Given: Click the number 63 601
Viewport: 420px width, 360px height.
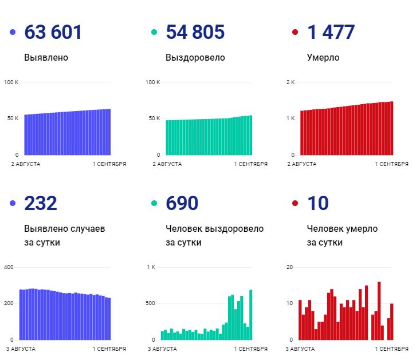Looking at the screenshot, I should pyautogui.click(x=53, y=33).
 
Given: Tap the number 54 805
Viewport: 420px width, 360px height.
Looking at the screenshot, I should pyautogui.click(x=195, y=33).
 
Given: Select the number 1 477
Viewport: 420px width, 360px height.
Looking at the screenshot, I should pyautogui.click(x=331, y=33).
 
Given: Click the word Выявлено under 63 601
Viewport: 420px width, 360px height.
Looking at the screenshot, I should pyautogui.click(x=46, y=58).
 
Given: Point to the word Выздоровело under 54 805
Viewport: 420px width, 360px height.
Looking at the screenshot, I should pyautogui.click(x=195, y=58).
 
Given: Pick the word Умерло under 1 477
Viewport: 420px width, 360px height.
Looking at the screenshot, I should pyautogui.click(x=323, y=58).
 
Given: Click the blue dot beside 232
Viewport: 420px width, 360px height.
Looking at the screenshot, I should pyautogui.click(x=13, y=203).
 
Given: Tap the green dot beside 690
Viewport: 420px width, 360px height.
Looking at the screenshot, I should pyautogui.click(x=154, y=203).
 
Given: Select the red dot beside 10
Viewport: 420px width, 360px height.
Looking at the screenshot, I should pyautogui.click(x=295, y=203).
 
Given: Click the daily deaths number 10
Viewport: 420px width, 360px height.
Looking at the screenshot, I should pyautogui.click(x=318, y=203).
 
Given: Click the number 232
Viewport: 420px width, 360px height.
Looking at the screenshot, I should pyautogui.click(x=41, y=203).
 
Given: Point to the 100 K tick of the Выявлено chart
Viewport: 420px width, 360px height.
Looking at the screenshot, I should pyautogui.click(x=11, y=82).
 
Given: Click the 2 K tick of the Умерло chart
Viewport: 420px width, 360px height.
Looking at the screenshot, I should pyautogui.click(x=291, y=82).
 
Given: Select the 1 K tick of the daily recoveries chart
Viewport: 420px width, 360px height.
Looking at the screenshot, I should pyautogui.click(x=151, y=267).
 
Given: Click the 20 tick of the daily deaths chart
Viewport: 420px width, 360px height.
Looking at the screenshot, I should pyautogui.click(x=290, y=267).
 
